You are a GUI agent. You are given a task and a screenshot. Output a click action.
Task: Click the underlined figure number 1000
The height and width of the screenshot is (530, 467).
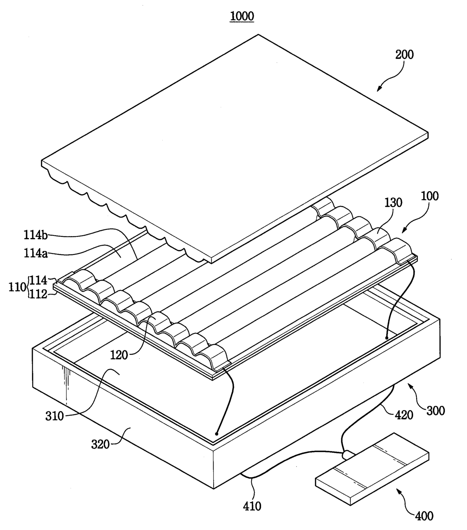[242, 16]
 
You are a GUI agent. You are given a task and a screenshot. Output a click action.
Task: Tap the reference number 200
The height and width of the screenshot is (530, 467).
[404, 55]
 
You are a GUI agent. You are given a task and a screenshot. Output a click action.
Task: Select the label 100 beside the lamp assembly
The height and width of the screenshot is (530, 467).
[430, 196]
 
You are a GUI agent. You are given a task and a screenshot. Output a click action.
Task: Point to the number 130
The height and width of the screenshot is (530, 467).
[393, 203]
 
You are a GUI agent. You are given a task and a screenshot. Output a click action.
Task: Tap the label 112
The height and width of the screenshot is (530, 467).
[38, 294]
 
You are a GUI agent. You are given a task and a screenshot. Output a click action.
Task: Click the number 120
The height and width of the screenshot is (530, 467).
[119, 355]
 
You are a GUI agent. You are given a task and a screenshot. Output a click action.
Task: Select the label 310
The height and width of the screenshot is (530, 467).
[55, 416]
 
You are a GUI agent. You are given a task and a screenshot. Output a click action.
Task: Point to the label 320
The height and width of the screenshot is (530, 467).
[100, 444]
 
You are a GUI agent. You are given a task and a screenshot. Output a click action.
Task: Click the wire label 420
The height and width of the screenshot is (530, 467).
[404, 415]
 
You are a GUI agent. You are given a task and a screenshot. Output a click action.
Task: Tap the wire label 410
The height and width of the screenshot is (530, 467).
[252, 506]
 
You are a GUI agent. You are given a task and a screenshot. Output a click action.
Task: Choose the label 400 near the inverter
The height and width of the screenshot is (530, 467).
[424, 515]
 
